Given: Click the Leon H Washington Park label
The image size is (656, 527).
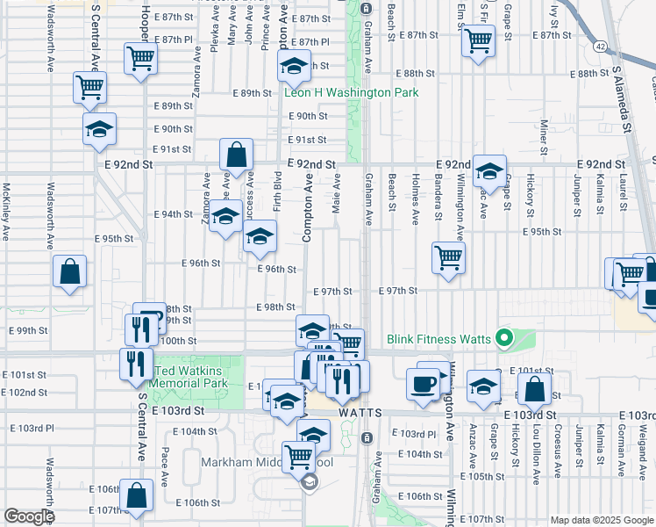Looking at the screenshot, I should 350,92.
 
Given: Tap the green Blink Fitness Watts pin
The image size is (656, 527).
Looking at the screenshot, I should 503,337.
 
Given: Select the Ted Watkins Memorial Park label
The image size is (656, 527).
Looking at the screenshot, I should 191,377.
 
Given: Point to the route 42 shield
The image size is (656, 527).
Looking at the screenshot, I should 599,46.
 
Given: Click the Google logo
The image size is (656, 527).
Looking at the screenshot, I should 28,516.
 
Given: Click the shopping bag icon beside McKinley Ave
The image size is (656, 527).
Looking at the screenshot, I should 69,272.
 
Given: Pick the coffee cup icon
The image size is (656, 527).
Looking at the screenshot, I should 424,384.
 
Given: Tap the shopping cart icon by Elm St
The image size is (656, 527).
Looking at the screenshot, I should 478,40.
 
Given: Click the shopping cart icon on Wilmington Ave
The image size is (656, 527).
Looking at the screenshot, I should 448,257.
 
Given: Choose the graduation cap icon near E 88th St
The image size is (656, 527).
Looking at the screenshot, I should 295,65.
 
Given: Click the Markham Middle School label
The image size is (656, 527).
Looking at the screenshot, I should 254,462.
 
